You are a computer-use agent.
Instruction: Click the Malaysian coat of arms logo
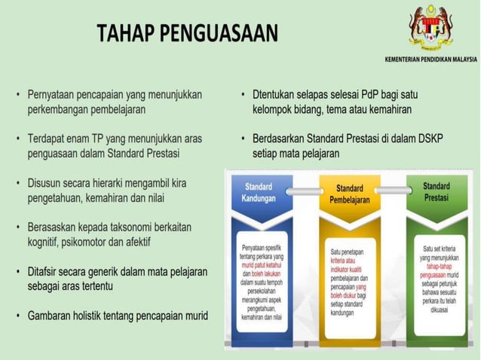click(430, 28)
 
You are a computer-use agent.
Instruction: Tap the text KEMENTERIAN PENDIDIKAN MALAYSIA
click(430, 59)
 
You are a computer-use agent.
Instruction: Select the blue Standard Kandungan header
click(259, 193)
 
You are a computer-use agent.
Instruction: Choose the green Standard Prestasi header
click(436, 192)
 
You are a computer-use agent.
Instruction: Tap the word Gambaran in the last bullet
click(51, 315)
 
